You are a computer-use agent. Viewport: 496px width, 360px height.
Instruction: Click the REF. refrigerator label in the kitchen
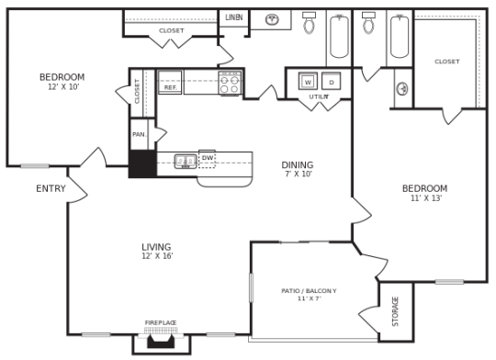[170, 87]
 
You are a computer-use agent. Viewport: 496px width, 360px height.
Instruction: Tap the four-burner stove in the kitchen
[230, 84]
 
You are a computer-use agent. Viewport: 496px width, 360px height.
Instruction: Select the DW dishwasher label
[208, 158]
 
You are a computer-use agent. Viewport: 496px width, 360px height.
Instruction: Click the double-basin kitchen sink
[186, 162]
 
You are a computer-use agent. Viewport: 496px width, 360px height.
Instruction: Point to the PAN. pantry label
[139, 134]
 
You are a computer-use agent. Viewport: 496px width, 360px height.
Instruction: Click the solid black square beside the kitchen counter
[141, 163]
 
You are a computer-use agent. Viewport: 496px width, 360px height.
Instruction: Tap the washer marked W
[308, 82]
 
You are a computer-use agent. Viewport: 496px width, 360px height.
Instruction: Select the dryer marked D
[331, 82]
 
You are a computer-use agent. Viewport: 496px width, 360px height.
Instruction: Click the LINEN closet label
[233, 17]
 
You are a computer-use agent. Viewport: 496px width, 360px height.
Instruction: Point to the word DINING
[298, 165]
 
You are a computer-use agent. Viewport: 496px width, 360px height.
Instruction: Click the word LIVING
[156, 247]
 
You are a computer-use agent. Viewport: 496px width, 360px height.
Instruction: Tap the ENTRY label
[51, 189]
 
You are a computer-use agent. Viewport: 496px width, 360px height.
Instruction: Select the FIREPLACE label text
[161, 323]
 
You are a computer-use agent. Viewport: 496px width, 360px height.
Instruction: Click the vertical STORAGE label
[396, 311]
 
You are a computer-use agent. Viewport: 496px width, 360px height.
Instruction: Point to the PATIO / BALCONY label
[309, 291]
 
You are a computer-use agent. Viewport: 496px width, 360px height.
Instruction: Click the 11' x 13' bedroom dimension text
[424, 198]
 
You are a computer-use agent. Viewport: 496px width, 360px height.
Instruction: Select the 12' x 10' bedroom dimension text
[63, 87]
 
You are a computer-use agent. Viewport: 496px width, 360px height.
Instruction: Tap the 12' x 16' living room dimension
[157, 257]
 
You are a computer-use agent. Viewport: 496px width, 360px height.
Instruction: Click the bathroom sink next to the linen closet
[272, 19]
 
